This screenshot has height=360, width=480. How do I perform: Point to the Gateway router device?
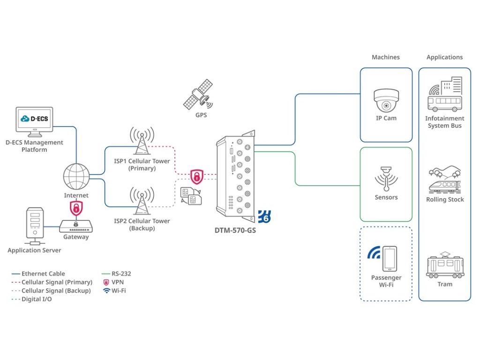(x=76, y=227)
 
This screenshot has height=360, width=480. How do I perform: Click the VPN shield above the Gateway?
(x=76, y=208)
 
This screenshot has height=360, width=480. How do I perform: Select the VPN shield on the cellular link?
(x=197, y=177)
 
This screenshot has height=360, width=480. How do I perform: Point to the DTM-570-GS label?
(x=235, y=231)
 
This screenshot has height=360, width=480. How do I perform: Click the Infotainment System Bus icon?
(x=444, y=96)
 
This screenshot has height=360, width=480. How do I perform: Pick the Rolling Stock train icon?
(x=444, y=180)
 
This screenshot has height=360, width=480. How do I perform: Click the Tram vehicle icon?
(x=444, y=266)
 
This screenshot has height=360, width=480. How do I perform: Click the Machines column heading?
(x=386, y=57)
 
